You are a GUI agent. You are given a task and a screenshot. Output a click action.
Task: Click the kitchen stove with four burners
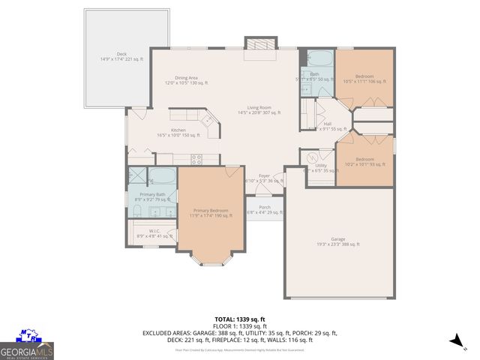point(198,159)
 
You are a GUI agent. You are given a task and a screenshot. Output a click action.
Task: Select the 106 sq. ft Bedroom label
point(364,79)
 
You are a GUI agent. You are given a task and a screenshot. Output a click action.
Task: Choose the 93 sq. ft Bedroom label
point(364,161)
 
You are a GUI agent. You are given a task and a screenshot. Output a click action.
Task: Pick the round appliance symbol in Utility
point(313,158)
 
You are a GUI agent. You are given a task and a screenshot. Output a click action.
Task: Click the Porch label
point(264,209)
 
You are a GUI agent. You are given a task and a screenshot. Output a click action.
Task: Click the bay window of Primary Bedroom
point(211,261)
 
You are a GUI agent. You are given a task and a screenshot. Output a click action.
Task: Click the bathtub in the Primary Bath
point(162,178)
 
